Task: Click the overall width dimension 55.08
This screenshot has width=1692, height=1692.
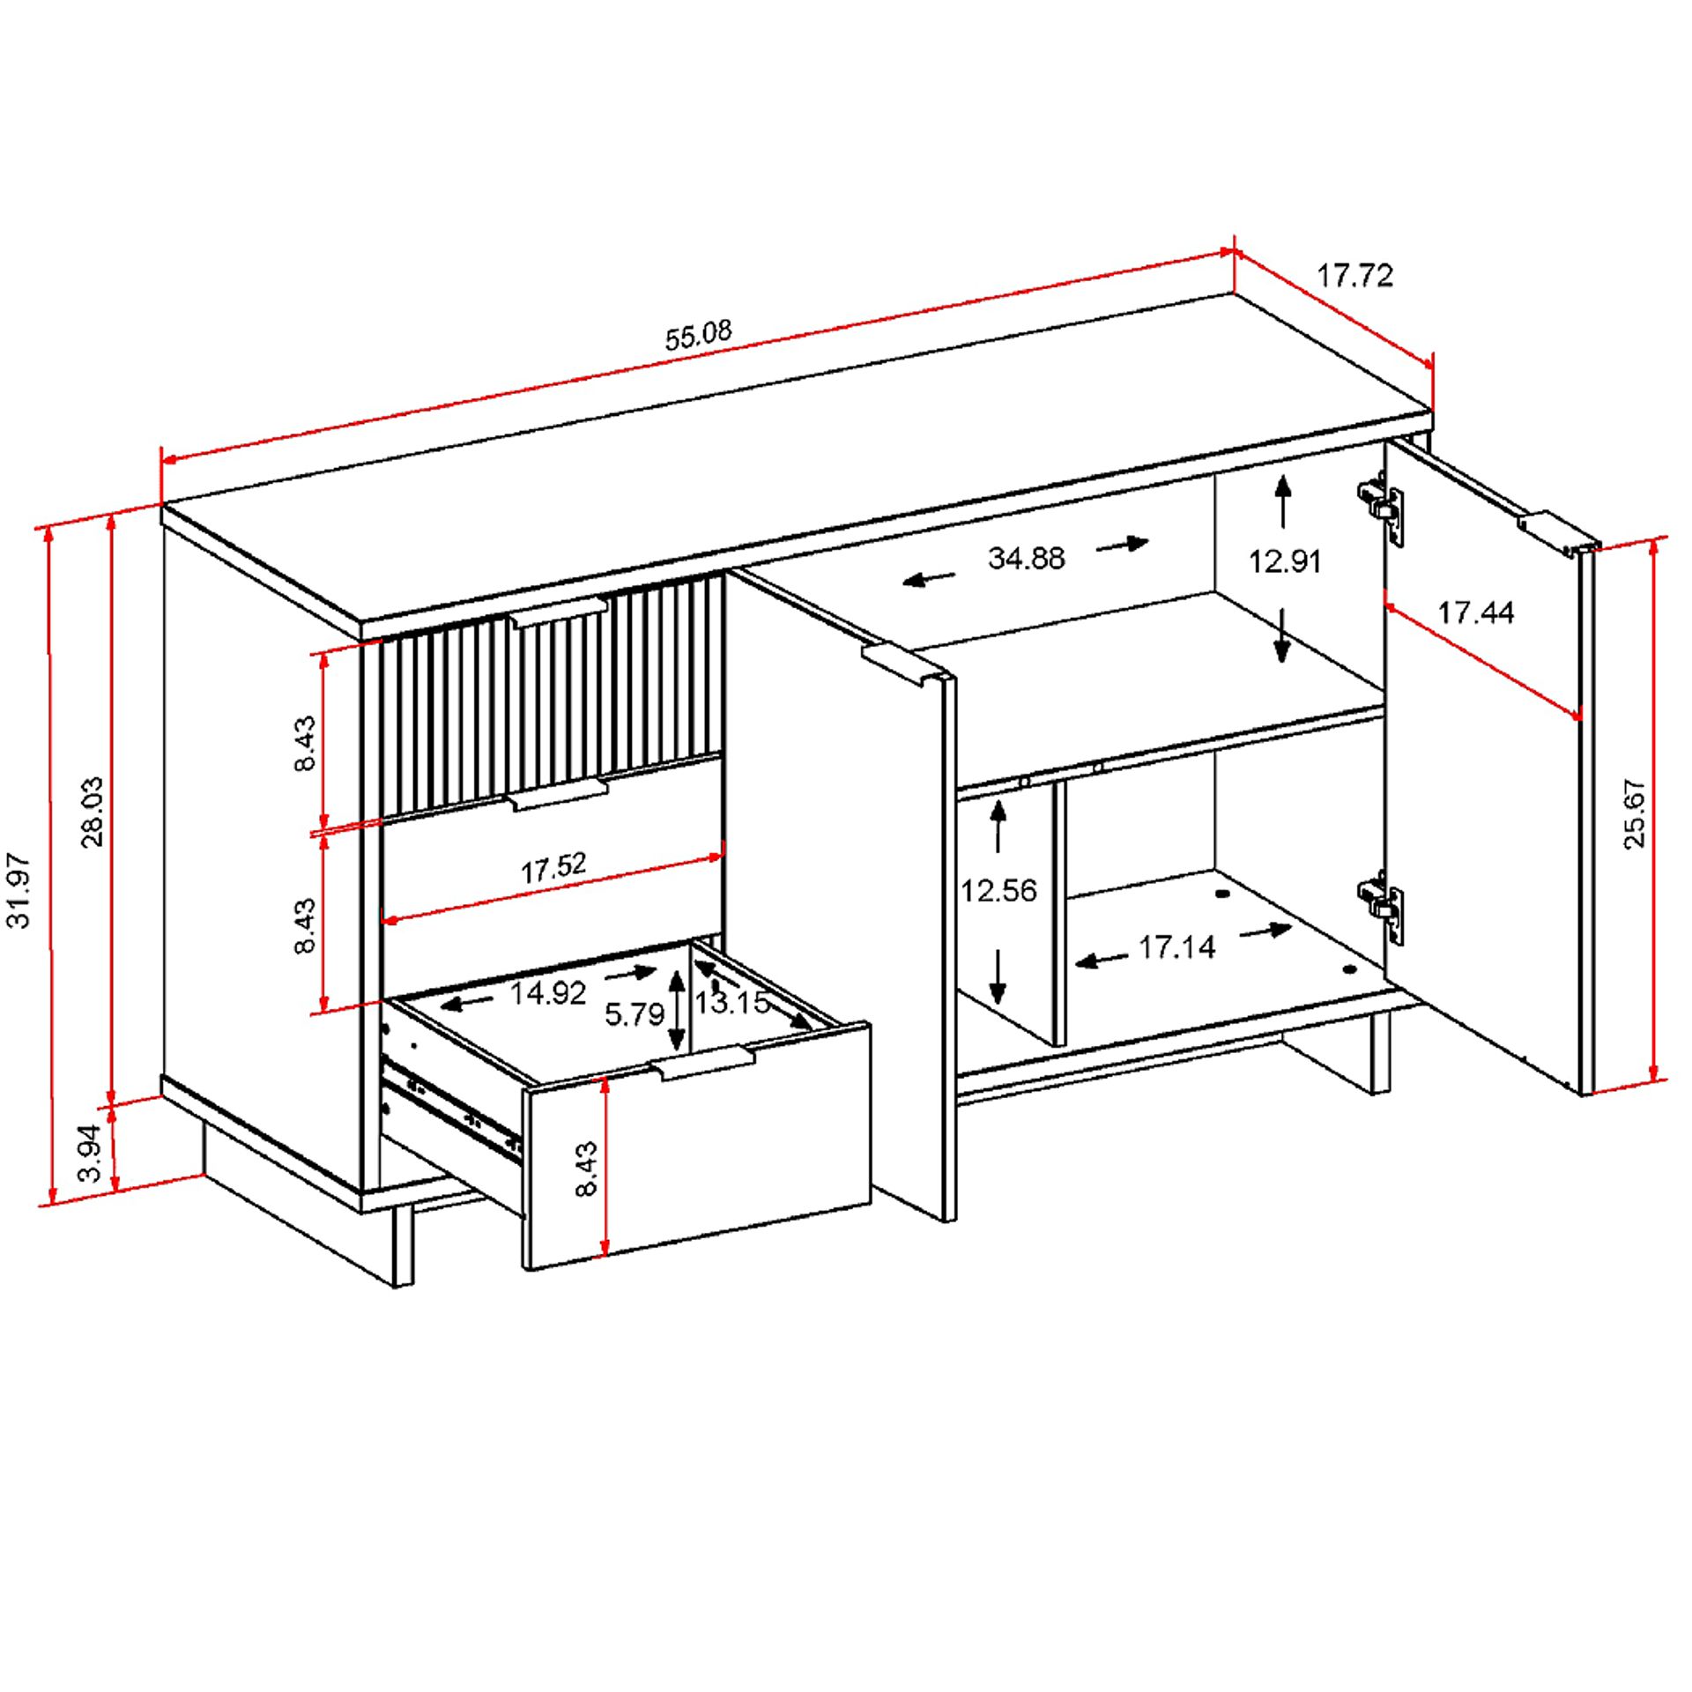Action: pos(698,336)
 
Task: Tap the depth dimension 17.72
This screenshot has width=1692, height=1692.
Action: pos(1354,276)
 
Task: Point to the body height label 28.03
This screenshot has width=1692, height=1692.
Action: pos(93,812)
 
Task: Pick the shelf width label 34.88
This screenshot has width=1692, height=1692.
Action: pos(1026,558)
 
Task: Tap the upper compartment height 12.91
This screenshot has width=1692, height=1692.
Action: pos(1284,560)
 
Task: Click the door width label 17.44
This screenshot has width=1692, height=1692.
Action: pos(1475,612)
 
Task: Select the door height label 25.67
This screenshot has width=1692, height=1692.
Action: pos(1634,813)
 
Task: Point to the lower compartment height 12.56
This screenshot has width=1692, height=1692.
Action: pos(998,890)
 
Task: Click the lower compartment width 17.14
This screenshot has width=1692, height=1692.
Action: pos(1176,947)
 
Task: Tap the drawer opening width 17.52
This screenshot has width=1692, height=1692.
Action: pos(553,868)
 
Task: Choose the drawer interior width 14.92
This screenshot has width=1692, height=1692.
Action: pos(547,993)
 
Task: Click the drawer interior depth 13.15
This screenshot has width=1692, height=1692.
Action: pos(731,1002)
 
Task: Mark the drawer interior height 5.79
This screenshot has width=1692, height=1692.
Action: pos(634,1014)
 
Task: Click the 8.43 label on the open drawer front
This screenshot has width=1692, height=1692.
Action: pos(586,1169)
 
